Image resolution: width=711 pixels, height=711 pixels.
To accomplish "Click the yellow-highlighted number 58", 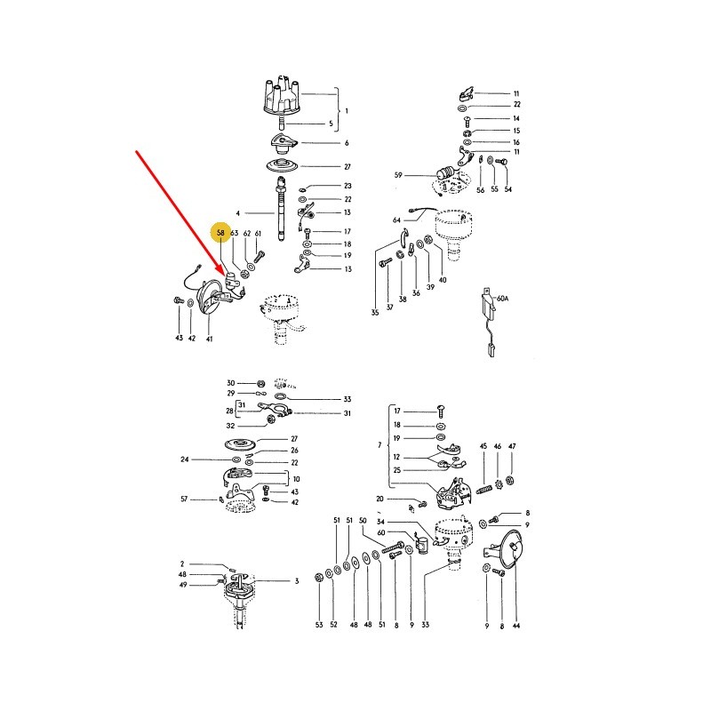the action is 220,233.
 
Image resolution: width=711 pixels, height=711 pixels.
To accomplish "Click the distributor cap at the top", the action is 281,97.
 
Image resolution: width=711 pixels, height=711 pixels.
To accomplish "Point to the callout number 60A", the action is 502,299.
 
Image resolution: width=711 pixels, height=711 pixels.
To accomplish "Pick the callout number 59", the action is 398,175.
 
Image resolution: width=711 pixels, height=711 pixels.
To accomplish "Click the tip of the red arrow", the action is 225,275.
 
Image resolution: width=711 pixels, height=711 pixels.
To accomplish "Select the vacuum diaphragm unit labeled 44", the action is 510,549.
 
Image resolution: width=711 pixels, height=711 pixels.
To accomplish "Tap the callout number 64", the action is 396,220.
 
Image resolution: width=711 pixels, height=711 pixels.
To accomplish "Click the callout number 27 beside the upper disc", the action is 347,167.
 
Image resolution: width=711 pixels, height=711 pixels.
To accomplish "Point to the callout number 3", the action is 297,581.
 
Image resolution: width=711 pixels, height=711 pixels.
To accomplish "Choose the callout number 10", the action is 296,479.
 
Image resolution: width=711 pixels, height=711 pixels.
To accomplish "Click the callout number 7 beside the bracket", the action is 379,445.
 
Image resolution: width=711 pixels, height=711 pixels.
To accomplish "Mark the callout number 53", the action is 319,625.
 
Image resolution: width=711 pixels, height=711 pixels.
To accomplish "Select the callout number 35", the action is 374,313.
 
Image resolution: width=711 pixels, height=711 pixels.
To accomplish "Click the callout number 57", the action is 184,499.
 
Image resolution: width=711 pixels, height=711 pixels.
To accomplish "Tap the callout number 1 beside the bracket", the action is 347,111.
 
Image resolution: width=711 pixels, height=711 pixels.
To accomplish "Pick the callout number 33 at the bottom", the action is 425,625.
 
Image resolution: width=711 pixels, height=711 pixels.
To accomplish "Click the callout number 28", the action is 230,411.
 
